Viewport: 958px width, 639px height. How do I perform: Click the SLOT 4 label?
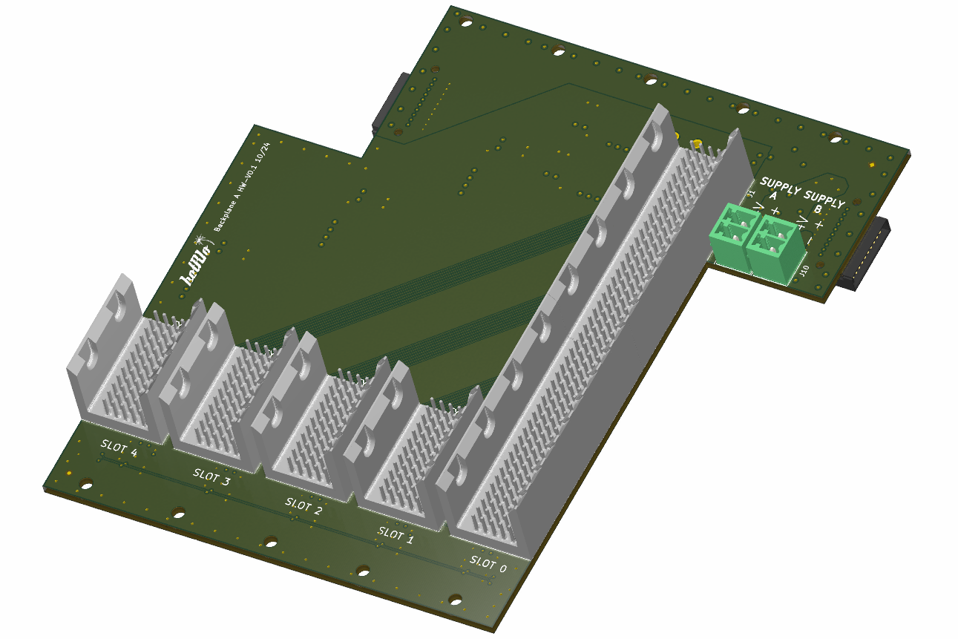119,448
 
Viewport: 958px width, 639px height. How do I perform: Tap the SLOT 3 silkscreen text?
211,476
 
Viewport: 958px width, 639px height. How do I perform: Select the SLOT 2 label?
304,506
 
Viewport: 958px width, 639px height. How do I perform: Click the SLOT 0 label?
488,564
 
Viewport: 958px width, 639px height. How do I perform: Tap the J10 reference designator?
804,271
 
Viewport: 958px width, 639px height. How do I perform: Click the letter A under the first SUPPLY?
773,197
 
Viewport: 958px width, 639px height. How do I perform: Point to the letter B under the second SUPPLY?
818,209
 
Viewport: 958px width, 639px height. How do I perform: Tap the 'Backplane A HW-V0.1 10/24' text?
242,189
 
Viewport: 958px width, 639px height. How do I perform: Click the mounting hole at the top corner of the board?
466,22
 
